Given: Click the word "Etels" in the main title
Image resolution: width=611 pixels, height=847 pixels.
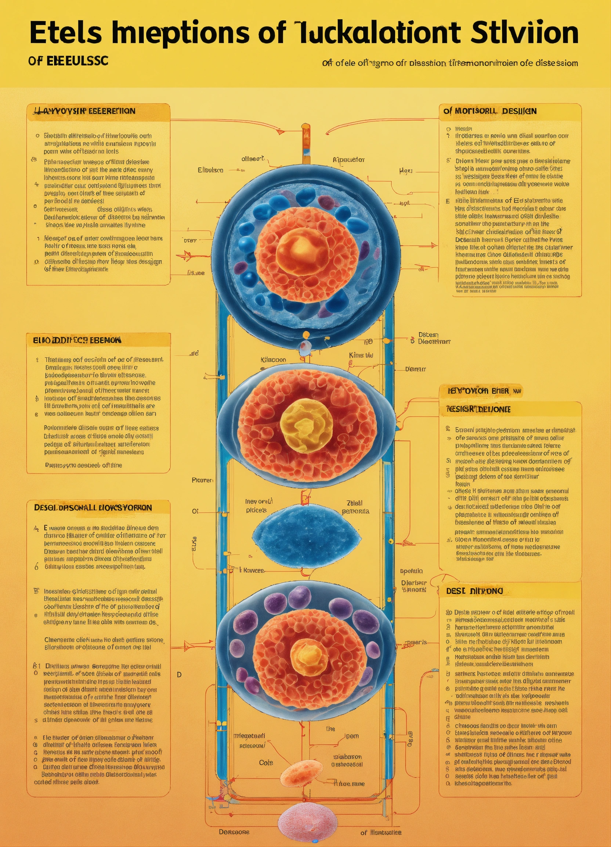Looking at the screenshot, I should [66, 33].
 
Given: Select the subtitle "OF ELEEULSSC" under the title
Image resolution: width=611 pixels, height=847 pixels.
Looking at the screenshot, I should [68, 61].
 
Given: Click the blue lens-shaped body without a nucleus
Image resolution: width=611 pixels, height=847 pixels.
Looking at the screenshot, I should [307, 536].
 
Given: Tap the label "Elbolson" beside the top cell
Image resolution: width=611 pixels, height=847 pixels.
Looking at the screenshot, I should [210, 170].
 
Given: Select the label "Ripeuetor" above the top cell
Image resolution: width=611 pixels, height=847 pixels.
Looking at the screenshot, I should [348, 160].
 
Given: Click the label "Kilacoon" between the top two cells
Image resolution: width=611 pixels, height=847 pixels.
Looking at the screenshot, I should [274, 360].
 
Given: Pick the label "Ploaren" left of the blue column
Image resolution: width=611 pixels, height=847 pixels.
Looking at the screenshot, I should [203, 480].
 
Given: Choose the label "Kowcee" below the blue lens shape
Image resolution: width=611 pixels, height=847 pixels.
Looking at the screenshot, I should [254, 571].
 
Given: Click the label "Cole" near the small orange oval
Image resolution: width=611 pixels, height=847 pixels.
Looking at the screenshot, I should [266, 762].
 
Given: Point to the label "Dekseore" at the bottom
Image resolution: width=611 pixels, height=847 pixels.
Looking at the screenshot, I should [234, 832].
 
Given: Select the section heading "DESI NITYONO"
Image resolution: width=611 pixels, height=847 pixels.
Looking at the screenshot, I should [474, 591].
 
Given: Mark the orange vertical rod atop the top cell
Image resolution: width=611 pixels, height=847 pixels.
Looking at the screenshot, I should [306, 144].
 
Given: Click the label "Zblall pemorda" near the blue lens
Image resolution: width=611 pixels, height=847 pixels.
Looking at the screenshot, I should [355, 507].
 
